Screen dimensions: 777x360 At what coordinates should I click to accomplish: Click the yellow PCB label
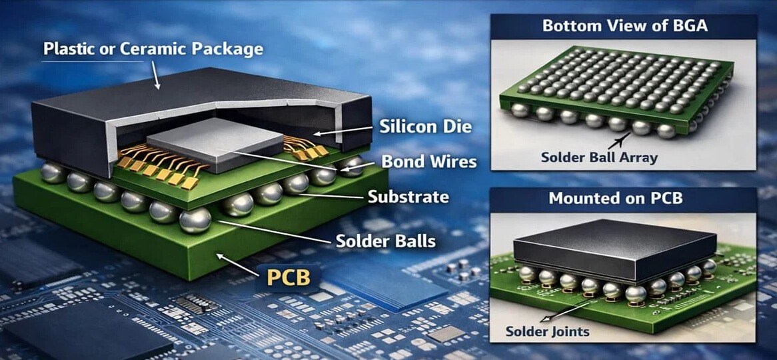coord(289,277)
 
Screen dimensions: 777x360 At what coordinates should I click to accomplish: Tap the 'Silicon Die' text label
coord(425,127)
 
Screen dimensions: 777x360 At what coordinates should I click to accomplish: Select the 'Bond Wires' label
coord(428,161)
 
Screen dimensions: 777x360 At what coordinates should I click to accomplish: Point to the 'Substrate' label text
coord(408,197)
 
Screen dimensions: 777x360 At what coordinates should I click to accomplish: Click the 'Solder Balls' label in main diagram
coord(386,241)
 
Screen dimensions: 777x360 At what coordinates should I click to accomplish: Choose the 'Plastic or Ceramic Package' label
coord(153,49)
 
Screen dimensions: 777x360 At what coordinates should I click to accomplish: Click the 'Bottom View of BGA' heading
coord(625,26)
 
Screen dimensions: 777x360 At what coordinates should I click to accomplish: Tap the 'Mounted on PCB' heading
coord(616,199)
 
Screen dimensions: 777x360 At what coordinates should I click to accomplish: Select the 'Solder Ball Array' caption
coord(599,158)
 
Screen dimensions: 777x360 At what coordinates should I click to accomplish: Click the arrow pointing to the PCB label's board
coord(236,265)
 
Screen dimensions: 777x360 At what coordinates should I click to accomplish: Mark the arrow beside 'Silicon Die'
coord(343,131)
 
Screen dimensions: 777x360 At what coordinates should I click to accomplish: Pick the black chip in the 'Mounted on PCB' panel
coord(615,251)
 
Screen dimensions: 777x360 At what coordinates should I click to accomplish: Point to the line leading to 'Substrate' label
coord(331,196)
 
